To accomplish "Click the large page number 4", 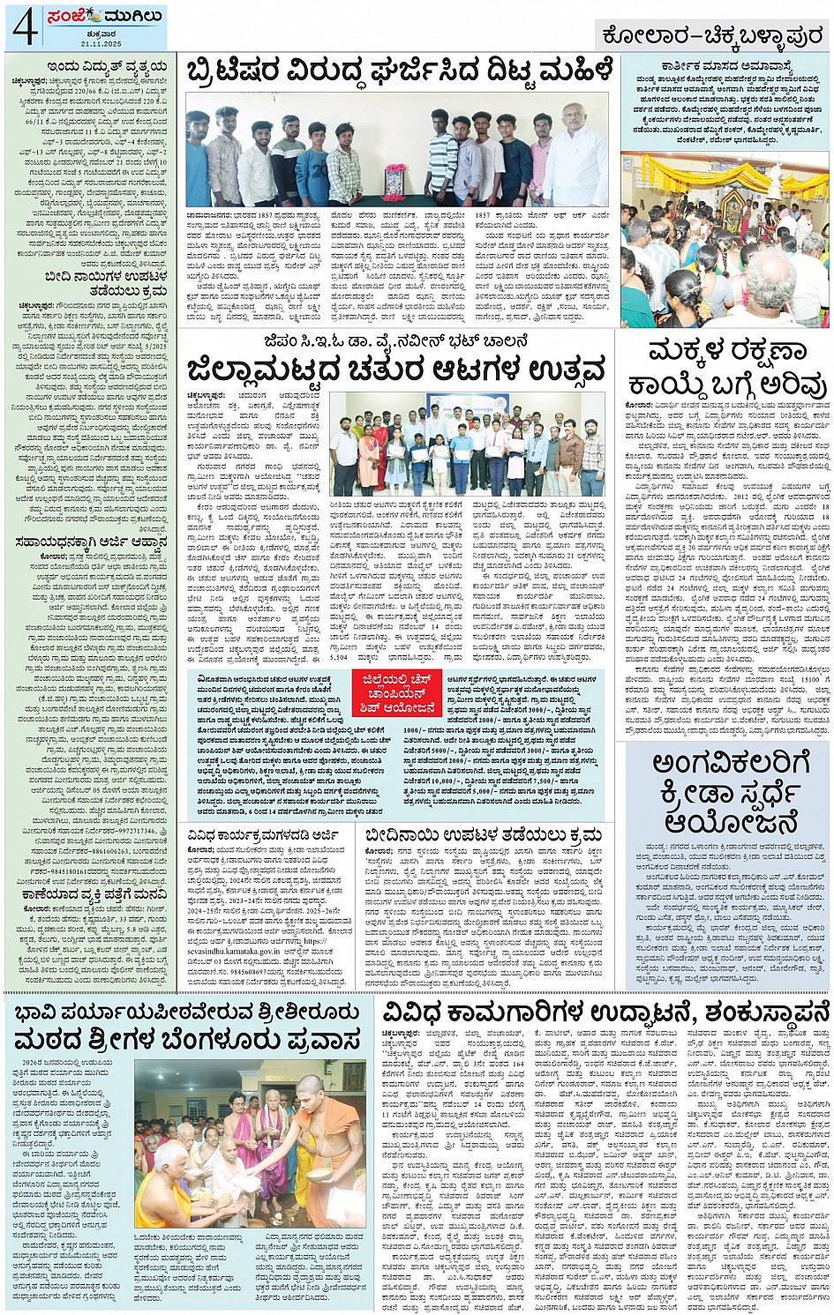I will tap(23, 26).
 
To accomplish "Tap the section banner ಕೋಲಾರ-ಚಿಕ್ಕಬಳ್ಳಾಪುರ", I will tap(711, 35).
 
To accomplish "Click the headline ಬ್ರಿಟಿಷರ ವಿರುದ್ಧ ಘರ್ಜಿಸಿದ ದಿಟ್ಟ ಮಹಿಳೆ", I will tap(399, 72).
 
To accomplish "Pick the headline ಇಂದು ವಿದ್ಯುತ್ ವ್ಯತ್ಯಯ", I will tap(95, 66).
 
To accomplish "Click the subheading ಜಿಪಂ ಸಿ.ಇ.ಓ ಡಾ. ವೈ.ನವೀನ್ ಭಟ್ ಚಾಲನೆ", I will tap(394, 340).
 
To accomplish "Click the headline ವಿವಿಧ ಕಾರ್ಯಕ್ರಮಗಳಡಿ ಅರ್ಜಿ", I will tap(268, 833).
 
